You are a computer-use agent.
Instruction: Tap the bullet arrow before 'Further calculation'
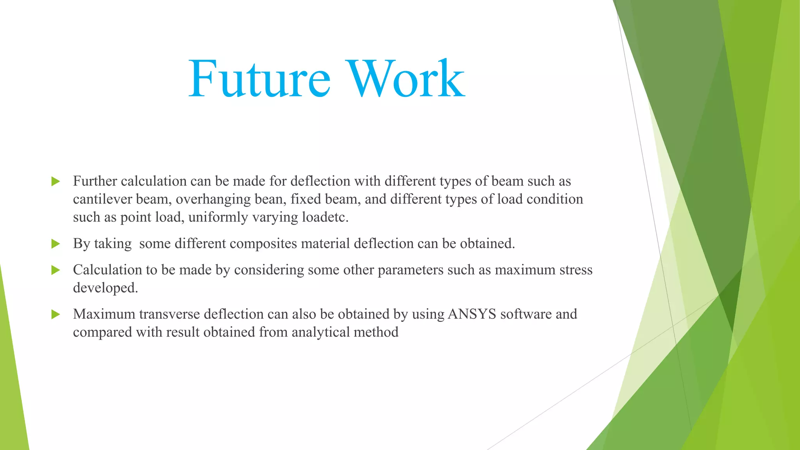pos(55,181)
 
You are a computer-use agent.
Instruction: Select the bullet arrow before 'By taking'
pos(55,244)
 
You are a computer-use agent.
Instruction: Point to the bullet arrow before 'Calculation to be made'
pos(55,270)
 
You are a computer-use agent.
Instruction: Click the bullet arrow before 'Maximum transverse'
pos(55,314)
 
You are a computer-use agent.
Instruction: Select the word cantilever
pos(102,199)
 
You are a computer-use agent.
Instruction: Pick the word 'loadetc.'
pos(325,217)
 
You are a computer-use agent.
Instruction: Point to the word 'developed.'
pos(105,288)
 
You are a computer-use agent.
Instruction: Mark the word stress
pos(576,270)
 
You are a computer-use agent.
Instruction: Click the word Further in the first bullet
pos(95,181)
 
